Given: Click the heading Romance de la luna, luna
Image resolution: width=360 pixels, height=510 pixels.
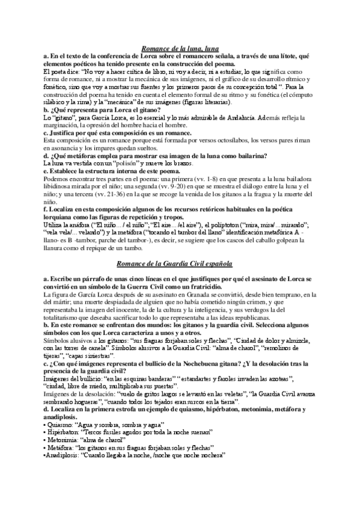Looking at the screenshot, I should [x=180, y=49].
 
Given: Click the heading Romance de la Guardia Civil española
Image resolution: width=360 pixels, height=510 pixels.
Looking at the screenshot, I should [x=180, y=264].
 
